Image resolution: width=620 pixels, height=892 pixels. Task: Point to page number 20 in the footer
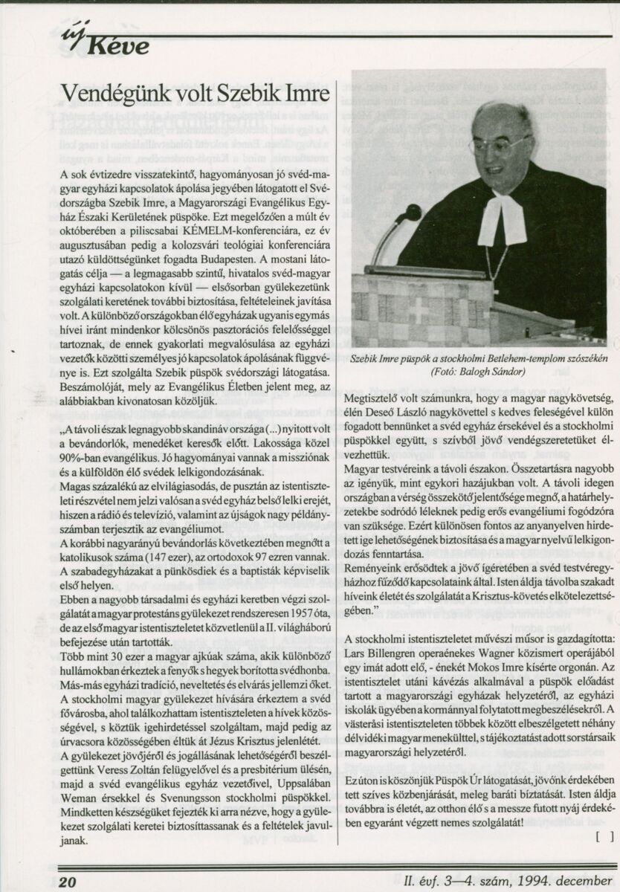point(68,882)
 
